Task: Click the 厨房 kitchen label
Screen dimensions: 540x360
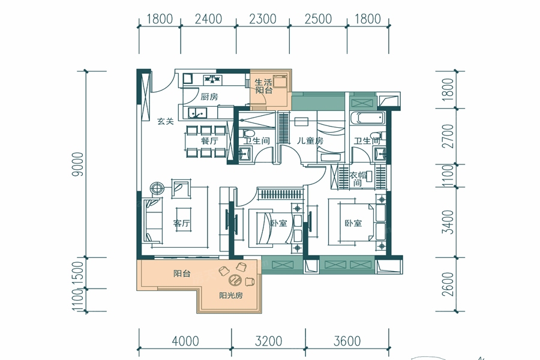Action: tap(209, 97)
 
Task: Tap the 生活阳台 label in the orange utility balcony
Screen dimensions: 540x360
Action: tap(263, 86)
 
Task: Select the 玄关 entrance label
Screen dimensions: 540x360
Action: tap(166, 121)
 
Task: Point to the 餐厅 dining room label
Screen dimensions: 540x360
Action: tap(209, 141)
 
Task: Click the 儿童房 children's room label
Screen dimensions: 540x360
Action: tap(310, 140)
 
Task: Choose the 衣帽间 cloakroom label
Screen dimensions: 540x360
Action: tap(358, 179)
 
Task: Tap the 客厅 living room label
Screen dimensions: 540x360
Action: tap(181, 223)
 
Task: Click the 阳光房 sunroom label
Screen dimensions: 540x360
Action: tap(231, 295)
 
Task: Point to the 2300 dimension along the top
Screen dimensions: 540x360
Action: tap(263, 19)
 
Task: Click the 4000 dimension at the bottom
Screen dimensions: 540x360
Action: tap(185, 341)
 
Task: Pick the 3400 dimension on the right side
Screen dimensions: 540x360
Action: tap(448, 221)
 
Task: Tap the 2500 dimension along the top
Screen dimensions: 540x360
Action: tap(318, 19)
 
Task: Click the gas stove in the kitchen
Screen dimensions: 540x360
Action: tap(214, 79)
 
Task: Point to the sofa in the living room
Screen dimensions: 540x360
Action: tap(153, 220)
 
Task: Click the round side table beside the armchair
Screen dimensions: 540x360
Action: tap(157, 188)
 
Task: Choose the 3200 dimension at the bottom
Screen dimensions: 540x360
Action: tap(269, 341)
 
